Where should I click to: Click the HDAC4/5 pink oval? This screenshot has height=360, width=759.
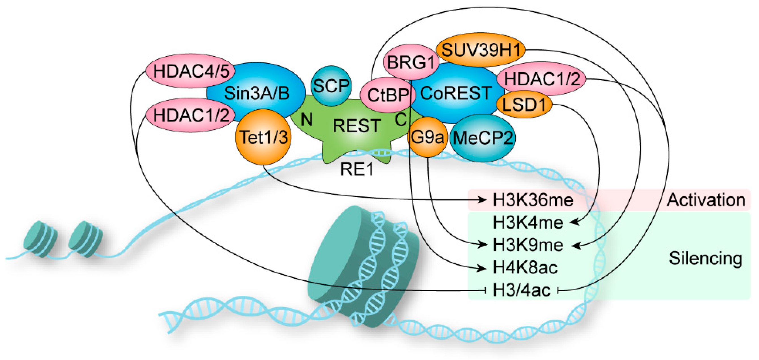coord(191,71)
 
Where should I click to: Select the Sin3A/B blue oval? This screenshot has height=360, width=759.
coord(256,93)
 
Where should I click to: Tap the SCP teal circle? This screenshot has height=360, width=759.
coord(331,86)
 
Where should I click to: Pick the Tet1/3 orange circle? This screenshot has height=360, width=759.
coord(263,137)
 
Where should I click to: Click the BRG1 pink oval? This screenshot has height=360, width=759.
coord(411,62)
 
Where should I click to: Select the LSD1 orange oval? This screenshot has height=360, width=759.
coord(523,105)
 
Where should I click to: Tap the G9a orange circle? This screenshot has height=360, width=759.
coord(427,137)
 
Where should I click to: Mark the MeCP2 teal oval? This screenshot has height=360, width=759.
coord(482,138)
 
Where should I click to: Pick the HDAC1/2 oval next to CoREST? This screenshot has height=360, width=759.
coord(541,79)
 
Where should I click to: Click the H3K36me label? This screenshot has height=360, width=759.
coord(533,200)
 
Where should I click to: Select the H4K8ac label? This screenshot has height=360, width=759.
coord(525,268)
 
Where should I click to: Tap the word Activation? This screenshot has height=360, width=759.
coord(706,200)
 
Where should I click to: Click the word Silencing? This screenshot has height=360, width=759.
coord(705,258)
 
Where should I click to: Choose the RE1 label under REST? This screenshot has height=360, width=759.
coord(356,169)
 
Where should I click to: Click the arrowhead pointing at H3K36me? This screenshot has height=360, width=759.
coord(482,200)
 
